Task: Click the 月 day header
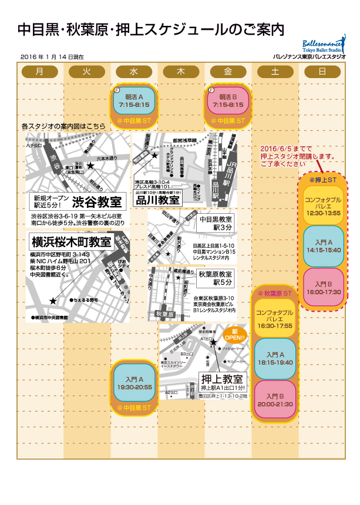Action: (39, 72)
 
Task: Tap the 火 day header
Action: (86, 72)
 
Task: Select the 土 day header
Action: (275, 72)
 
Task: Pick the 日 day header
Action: (322, 72)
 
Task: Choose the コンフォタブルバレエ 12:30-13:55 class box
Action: (322, 206)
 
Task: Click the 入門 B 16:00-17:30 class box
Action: (322, 287)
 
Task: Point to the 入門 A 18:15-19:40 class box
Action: (275, 359)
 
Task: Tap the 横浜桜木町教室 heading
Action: (71, 241)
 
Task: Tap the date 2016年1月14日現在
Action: (52, 57)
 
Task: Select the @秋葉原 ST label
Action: (275, 292)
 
